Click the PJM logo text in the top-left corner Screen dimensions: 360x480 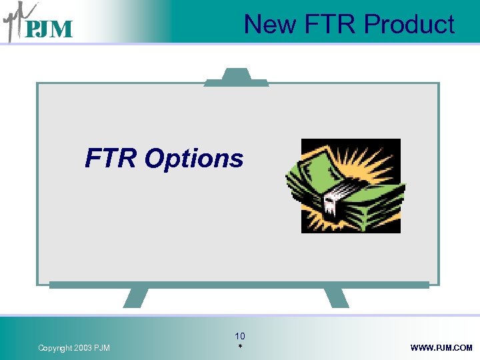48,29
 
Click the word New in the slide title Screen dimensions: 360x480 270,25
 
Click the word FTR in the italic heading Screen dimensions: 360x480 111,159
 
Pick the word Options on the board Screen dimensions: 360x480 194,159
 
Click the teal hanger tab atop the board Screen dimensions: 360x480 236,77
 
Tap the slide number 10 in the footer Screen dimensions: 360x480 240,336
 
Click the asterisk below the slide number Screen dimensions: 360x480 240,348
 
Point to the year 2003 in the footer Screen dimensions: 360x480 85,348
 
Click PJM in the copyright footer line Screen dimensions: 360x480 103,348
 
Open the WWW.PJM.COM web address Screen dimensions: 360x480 441,348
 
